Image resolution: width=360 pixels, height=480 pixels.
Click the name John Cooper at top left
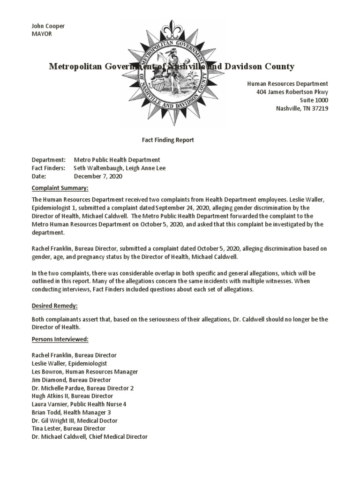[x=48, y=26]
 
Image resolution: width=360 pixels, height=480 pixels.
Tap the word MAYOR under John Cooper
[x=42, y=34]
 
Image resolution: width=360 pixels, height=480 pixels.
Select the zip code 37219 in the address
[x=318, y=109]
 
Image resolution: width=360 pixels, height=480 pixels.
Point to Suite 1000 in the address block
[x=314, y=100]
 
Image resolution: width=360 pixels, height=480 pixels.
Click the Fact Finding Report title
[x=168, y=140]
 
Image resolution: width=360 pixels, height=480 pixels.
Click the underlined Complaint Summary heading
[x=60, y=188]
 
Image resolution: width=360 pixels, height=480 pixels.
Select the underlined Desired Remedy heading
[x=54, y=306]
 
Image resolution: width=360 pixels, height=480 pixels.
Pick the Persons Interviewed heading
[x=60, y=339]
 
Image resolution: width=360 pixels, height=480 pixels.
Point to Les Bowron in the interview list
[x=47, y=372]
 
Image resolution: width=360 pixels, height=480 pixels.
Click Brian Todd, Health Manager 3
[x=71, y=412]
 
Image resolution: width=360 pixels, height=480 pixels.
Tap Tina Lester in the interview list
[x=45, y=428]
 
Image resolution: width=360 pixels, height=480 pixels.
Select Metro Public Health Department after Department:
[x=117, y=160]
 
